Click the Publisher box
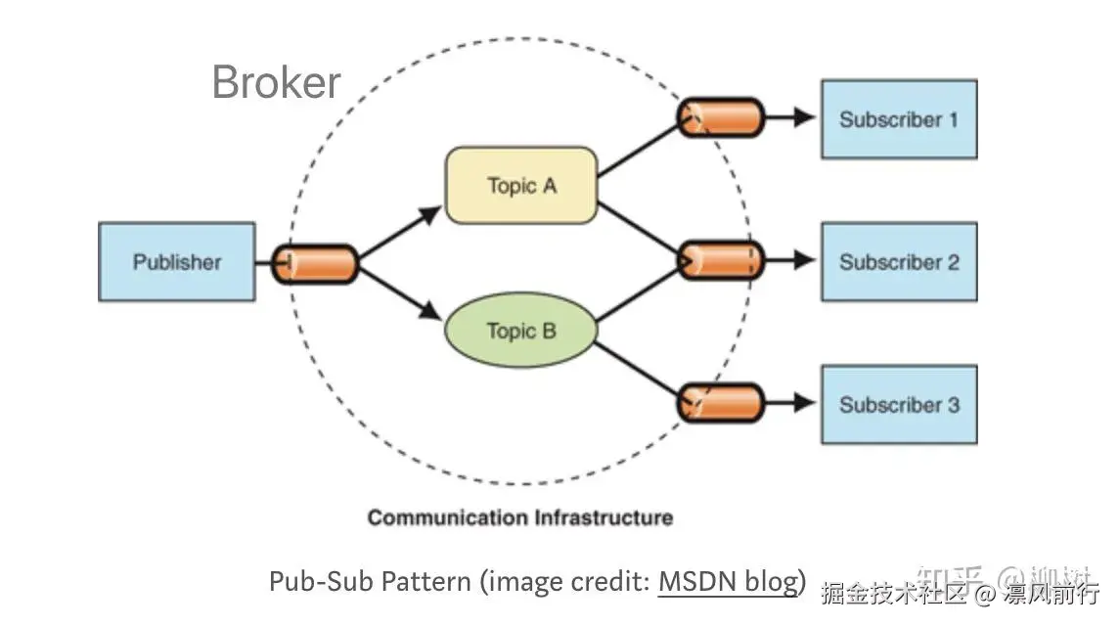click(x=177, y=261)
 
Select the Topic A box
click(x=520, y=185)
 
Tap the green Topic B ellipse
click(x=520, y=331)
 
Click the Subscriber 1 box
click(x=898, y=119)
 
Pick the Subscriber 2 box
click(x=898, y=261)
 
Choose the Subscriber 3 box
click(x=898, y=404)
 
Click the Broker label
click(x=276, y=82)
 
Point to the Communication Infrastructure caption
click(x=519, y=517)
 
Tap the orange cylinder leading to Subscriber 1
click(x=721, y=117)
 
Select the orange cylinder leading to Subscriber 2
click(x=721, y=260)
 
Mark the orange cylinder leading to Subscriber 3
click(x=721, y=403)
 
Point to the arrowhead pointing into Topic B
click(x=430, y=312)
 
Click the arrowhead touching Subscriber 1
click(x=804, y=117)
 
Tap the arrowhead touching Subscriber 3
click(x=804, y=402)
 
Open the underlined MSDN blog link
click(x=729, y=582)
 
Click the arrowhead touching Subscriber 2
click(x=804, y=260)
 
